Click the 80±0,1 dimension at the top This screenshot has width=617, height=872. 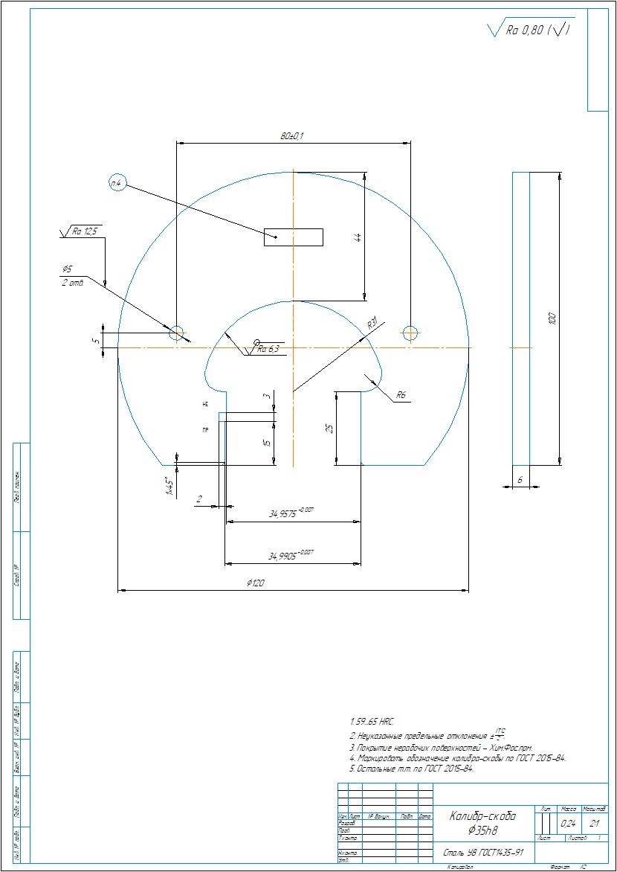coord(293,136)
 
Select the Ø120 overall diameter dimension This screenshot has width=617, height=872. coord(256,584)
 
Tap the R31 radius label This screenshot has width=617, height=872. coord(372,324)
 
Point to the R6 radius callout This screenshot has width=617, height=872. coord(401,395)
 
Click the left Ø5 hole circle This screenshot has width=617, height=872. coord(176,333)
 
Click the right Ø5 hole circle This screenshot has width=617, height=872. coord(410,333)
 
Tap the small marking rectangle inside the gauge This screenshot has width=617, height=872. coord(294,237)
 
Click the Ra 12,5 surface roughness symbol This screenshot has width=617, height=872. coord(83,232)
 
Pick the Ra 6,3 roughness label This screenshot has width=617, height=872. coord(268,349)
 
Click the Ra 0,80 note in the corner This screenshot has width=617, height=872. coord(529,31)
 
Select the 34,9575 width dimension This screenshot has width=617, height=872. coord(291,513)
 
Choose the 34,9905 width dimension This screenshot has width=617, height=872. coord(291,555)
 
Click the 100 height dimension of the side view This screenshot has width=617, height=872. coord(552,318)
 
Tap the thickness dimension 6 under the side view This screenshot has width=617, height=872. coord(520,481)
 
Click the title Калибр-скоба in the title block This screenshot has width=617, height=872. coord(482,816)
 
